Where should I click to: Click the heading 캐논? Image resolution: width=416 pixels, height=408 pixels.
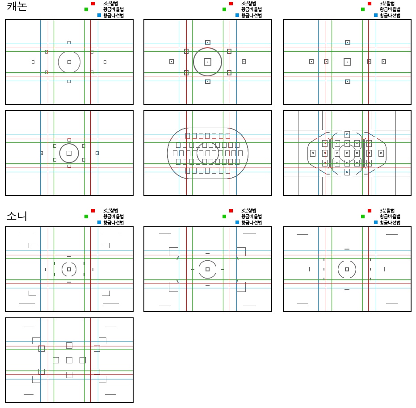coord(17,6)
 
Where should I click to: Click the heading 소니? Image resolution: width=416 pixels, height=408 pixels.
coord(17,216)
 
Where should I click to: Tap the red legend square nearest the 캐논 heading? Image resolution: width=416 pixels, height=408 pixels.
coord(93,4)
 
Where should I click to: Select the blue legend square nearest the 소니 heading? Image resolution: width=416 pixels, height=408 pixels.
coord(99,222)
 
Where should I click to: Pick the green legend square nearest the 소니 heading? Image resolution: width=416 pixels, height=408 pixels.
coord(86,216)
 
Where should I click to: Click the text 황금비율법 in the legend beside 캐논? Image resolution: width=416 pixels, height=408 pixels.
coord(113,9)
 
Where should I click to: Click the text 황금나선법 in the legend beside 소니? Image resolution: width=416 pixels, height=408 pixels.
coord(113,222)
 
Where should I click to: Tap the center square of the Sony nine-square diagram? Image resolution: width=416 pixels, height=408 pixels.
coord(69,360)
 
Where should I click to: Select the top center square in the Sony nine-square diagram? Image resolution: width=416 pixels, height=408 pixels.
coord(69,345)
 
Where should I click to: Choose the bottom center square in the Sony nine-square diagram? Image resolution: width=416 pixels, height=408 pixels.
coord(69,375)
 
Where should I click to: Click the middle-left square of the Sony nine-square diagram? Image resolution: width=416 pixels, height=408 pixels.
coord(56,360)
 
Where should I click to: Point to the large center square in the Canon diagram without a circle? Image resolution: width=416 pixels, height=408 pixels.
coord(347,62)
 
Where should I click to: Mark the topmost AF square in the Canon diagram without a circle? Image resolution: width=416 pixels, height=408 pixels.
coord(348,42)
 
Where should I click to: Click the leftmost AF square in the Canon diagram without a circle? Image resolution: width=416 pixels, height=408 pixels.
coord(311,62)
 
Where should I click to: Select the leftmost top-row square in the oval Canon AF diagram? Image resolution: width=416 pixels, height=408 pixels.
coord(188,136)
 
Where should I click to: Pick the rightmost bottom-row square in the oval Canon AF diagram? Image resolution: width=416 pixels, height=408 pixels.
coord(228,171)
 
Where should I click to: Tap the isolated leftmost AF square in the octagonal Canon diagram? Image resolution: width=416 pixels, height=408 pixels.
coord(313,153)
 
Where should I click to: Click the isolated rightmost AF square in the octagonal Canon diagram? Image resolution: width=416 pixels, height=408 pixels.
coord(381,153)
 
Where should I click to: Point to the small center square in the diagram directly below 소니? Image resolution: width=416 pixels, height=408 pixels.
coord(69,269)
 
